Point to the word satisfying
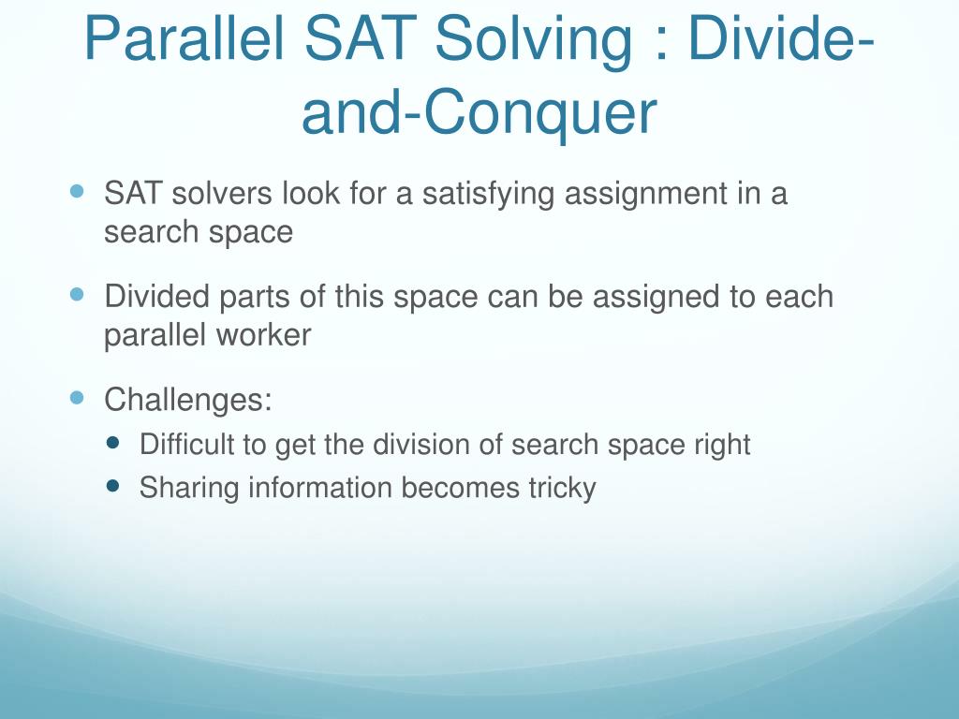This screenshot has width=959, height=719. pos(488,195)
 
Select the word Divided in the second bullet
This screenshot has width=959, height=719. pos(157,297)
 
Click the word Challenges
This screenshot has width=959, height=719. pos(187,401)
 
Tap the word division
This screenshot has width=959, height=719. pos(421,444)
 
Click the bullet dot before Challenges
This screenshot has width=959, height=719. pos(77,399)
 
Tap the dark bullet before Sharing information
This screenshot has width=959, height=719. pos(112,486)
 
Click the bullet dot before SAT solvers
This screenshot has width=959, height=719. pos(77,191)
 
